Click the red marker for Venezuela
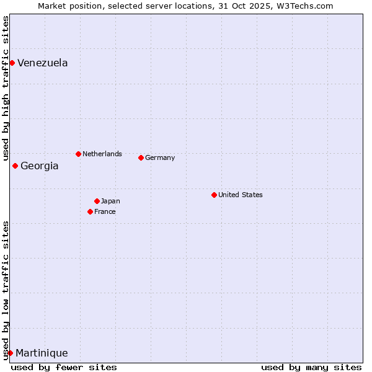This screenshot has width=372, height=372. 12,63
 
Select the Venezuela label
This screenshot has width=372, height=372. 42,63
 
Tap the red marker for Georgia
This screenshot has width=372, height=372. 15,166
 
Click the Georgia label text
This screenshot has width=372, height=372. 39,166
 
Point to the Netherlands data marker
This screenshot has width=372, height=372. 78,154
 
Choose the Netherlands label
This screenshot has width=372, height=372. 102,154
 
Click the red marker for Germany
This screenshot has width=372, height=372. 141,157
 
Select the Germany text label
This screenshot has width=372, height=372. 160,157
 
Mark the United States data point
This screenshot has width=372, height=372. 214,195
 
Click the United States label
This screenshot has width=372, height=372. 240,195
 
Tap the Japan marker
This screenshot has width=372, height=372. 97,201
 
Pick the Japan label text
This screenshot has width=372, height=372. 110,201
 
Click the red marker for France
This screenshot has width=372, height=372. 90,211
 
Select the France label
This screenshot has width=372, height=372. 105,211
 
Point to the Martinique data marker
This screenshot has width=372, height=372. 10,353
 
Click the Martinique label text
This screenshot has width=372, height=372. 42,353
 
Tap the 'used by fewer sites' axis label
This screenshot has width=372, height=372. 64,367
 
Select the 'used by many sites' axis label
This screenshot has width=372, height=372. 311,367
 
